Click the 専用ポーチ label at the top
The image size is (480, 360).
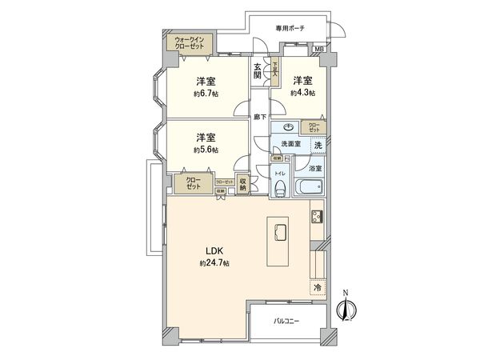290,28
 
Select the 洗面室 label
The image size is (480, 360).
290,144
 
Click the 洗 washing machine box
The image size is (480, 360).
318,145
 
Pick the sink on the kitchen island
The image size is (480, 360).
282,232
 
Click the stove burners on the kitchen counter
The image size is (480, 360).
317,217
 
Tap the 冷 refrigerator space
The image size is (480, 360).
317,286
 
